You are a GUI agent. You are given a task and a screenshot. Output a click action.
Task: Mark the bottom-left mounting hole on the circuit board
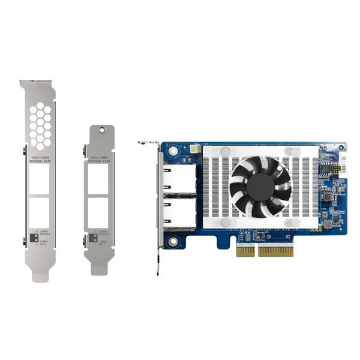173,242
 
